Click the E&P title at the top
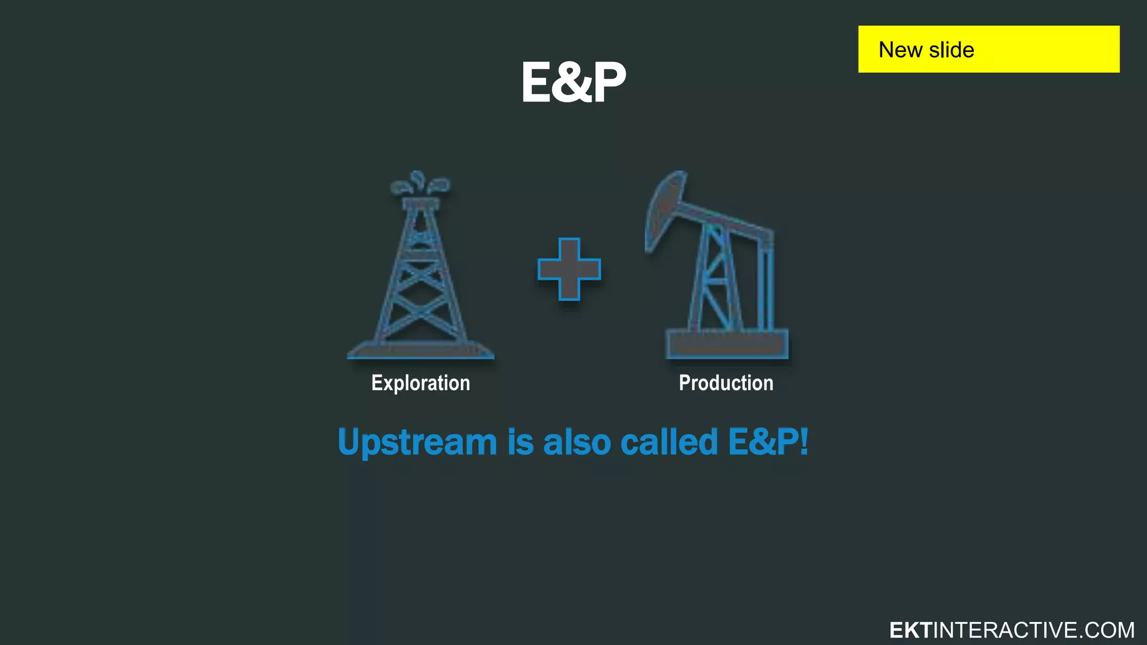click(x=573, y=82)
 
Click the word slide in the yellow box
click(x=952, y=50)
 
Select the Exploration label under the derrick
click(x=421, y=384)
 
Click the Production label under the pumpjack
click(x=726, y=384)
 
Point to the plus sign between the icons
click(x=569, y=269)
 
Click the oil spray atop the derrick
click(x=420, y=184)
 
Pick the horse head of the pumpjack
click(x=664, y=210)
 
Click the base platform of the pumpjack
click(x=727, y=344)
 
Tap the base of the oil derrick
click(x=421, y=350)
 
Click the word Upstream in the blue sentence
click(x=417, y=442)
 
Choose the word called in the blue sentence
click(x=669, y=442)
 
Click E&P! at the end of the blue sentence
click(x=768, y=442)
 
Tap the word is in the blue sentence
click(x=520, y=442)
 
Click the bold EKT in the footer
click(x=910, y=630)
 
